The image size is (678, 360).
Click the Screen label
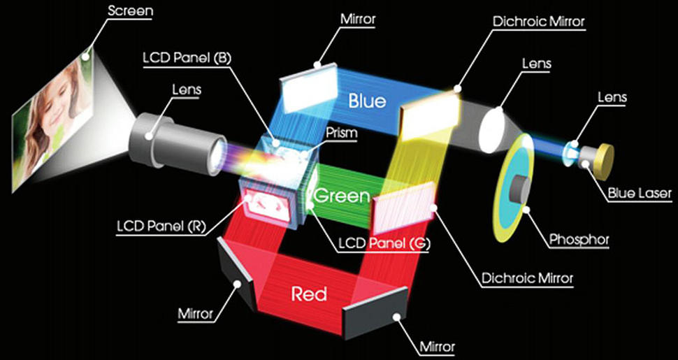pyautogui.click(x=130, y=10)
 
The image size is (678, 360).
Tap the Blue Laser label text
pyautogui.click(x=640, y=192)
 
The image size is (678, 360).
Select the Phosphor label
pyautogui.click(x=579, y=239)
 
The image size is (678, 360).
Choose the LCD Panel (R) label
pyautogui.click(x=162, y=226)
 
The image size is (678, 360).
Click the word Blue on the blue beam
pyautogui.click(x=368, y=101)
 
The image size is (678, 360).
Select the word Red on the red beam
pyautogui.click(x=309, y=295)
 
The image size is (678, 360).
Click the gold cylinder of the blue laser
pyautogui.click(x=604, y=162)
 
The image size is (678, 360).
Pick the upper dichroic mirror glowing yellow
pyautogui.click(x=429, y=116)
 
